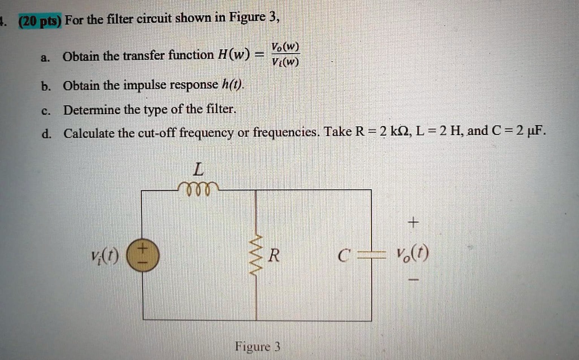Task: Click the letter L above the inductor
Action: point(198,169)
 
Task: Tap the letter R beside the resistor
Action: point(274,257)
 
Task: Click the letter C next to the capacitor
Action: point(342,256)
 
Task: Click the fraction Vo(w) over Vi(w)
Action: point(285,54)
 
